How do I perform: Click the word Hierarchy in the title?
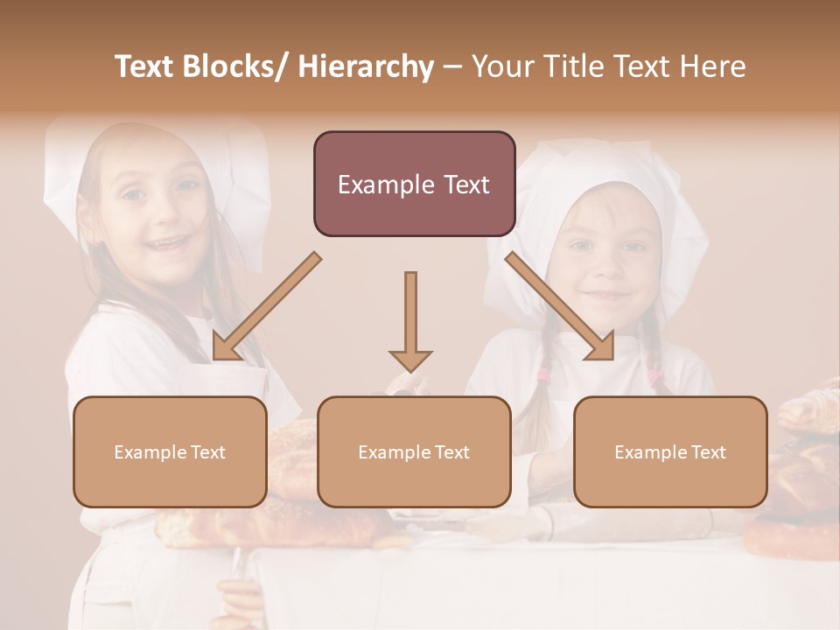coord(366,66)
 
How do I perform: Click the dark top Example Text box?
coord(414,184)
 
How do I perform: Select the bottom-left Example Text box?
coord(170,451)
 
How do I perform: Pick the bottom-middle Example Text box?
coord(414,451)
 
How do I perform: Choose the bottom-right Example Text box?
coord(670,451)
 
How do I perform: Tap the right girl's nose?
coord(607,268)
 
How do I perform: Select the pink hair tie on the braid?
coord(544,376)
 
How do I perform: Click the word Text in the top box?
coord(458,185)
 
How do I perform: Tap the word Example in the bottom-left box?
coord(145,452)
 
